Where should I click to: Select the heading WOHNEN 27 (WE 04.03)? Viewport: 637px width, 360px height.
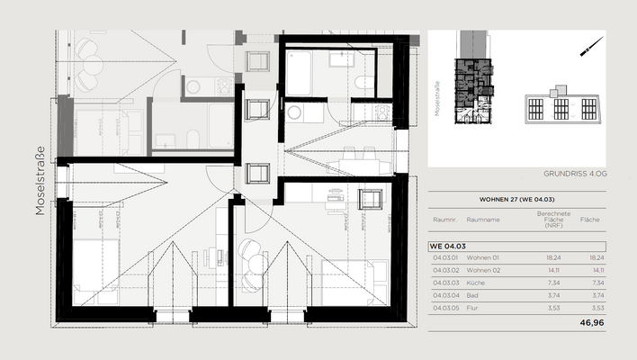tap(516, 201)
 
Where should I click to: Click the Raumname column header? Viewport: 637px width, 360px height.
tap(483, 220)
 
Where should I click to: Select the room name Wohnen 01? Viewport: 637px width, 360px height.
tap(483, 256)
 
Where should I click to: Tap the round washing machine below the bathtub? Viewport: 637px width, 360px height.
tap(294, 112)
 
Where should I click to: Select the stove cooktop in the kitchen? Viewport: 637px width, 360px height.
tap(382, 112)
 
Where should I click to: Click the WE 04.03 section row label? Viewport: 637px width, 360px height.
tap(447, 245)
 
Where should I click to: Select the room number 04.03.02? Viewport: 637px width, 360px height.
tap(446, 269)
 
